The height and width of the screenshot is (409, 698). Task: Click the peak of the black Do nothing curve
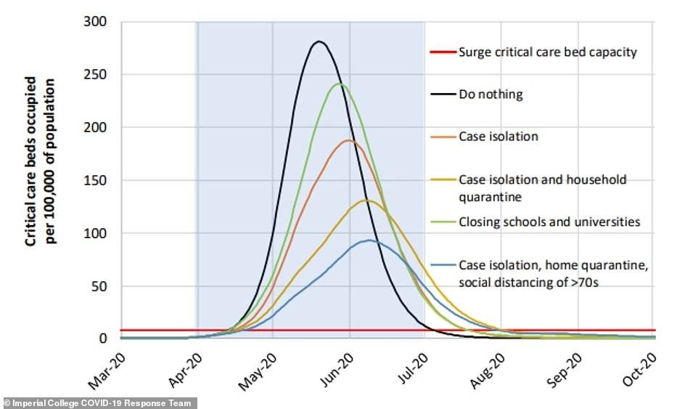(319, 41)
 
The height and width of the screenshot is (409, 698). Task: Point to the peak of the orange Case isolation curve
(349, 140)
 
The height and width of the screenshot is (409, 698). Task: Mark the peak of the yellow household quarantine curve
(366, 201)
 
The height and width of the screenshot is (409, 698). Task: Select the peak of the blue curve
(369, 240)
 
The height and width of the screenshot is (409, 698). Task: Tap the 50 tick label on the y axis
(101, 286)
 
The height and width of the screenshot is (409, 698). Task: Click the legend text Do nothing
(490, 94)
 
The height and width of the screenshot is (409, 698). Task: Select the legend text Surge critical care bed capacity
(549, 52)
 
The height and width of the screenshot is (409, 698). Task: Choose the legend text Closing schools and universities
(549, 222)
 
